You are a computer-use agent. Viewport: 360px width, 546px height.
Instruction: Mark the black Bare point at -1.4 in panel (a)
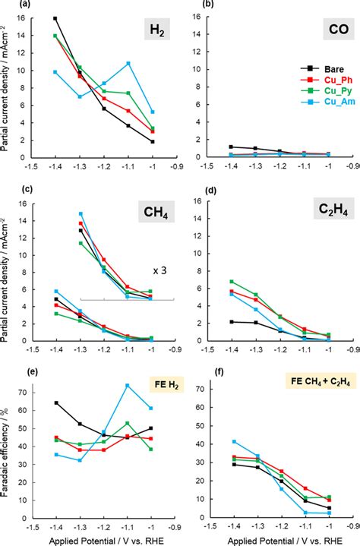coord(55,18)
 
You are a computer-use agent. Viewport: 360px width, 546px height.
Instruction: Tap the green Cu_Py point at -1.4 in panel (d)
coord(231,282)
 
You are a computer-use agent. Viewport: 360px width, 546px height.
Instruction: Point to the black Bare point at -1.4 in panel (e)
coord(55,402)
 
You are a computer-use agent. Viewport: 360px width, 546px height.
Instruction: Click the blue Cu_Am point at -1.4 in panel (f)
coord(231,441)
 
